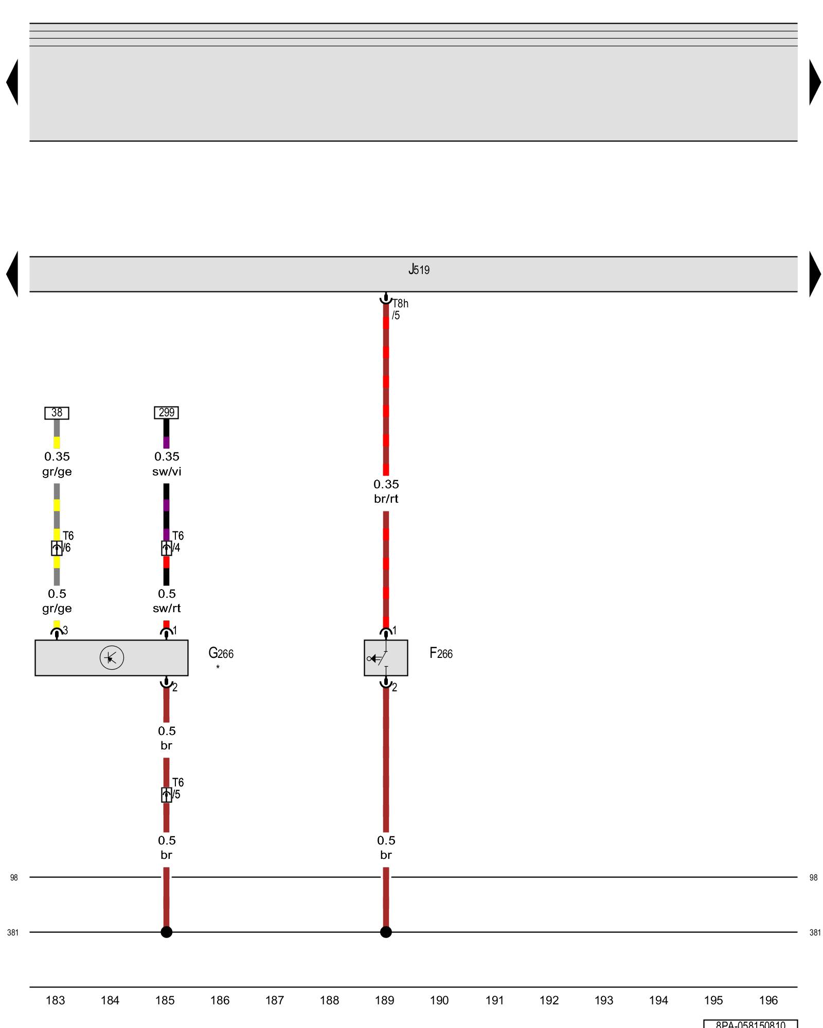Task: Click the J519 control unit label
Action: [419, 269]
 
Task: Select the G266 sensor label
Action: [221, 653]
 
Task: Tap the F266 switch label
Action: [441, 653]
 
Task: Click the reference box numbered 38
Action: [57, 413]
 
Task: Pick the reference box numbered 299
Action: [166, 413]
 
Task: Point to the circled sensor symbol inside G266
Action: [112, 658]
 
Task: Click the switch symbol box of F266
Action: [386, 658]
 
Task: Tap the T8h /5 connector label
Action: [400, 309]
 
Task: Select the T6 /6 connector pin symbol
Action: [57, 548]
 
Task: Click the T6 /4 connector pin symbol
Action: [166, 548]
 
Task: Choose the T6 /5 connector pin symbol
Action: [166, 795]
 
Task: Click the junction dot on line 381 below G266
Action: [166, 932]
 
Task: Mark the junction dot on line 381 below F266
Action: [386, 932]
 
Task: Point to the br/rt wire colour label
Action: [386, 499]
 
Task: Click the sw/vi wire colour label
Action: [167, 472]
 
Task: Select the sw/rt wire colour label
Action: [167, 609]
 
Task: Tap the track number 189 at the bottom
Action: [384, 1000]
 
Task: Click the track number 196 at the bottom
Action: [768, 1000]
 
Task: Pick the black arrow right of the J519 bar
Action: [815, 274]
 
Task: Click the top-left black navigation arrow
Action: [12, 82]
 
